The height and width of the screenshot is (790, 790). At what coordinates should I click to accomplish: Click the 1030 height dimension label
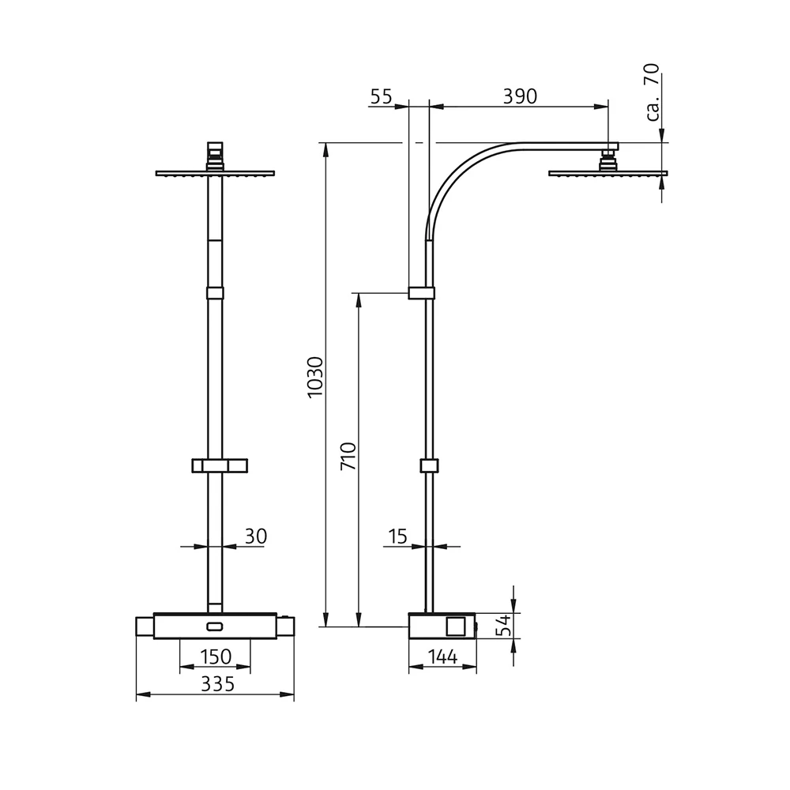315,377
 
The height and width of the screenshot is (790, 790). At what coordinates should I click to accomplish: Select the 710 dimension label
348,457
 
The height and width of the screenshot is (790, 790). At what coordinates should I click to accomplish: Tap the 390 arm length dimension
520,96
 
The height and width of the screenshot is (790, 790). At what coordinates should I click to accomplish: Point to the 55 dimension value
381,96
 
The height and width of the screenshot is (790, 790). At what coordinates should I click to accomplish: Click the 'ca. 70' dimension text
652,92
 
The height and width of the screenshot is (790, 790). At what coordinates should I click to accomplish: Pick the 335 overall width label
217,684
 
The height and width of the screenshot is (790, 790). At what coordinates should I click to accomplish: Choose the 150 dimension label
215,657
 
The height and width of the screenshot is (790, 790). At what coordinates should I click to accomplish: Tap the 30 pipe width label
255,537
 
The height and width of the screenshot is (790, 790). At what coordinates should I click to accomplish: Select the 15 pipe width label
397,537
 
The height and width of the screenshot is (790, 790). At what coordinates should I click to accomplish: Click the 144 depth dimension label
442,657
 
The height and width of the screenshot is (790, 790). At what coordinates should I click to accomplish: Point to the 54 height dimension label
502,626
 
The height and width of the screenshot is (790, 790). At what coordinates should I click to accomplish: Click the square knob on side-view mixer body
456,626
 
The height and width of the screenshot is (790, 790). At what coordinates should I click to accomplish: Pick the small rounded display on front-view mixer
215,627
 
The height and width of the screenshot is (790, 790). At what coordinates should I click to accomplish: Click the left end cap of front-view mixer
145,627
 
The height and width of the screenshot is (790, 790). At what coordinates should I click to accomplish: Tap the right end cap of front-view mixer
285,627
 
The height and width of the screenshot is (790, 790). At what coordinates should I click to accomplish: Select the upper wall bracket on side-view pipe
421,293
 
